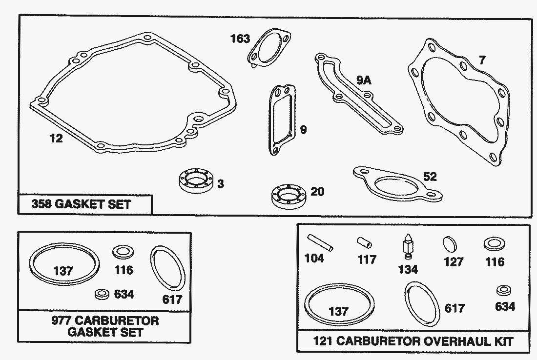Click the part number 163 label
[240, 39]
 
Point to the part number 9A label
[364, 80]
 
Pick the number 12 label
[56, 138]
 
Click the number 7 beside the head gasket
[482, 60]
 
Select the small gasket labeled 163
[269, 48]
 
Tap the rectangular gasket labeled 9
[282, 120]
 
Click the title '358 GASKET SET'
[81, 204]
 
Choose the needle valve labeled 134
[408, 246]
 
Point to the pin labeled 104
[320, 242]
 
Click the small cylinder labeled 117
[364, 242]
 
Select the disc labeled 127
[450, 245]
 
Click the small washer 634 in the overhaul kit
[504, 290]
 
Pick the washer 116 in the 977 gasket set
[123, 252]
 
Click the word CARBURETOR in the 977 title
[117, 320]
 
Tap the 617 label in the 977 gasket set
[172, 300]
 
